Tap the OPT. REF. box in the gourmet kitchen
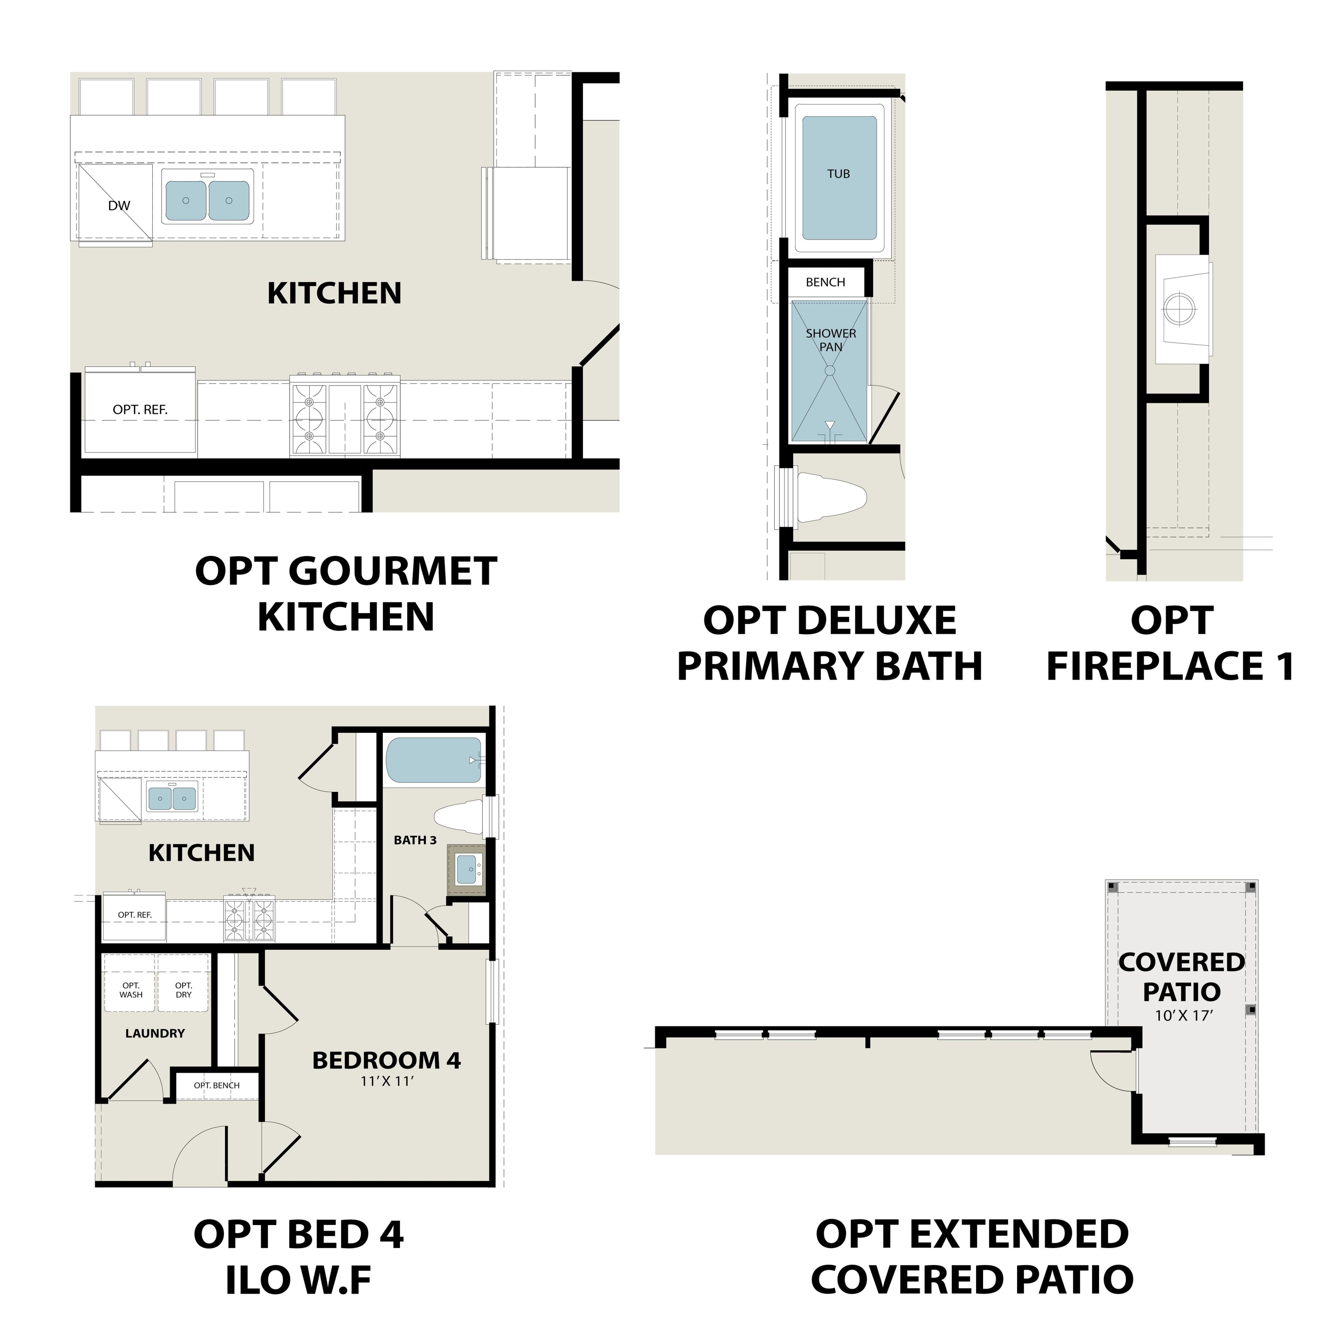pyautogui.click(x=140, y=410)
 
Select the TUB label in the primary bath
pyautogui.click(x=838, y=174)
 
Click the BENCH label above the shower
pyautogui.click(x=825, y=282)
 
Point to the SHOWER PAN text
pyautogui.click(x=831, y=339)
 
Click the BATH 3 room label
pyautogui.click(x=416, y=840)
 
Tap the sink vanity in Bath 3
pyautogui.click(x=467, y=873)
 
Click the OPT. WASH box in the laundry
pyautogui.click(x=131, y=989)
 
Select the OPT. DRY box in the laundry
pyautogui.click(x=184, y=989)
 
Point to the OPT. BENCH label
pyautogui.click(x=217, y=1085)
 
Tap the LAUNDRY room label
pyautogui.click(x=155, y=1033)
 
